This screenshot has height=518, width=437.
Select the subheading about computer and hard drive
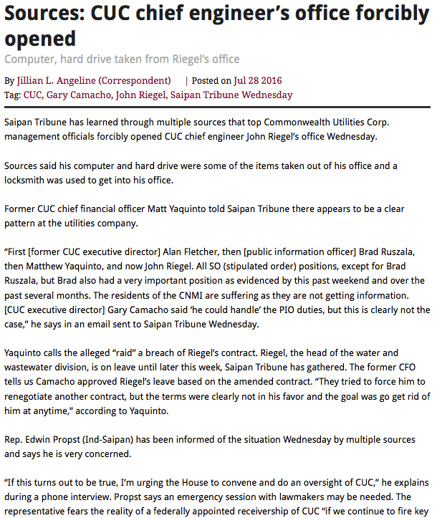123,59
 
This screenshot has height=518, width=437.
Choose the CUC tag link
33,95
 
